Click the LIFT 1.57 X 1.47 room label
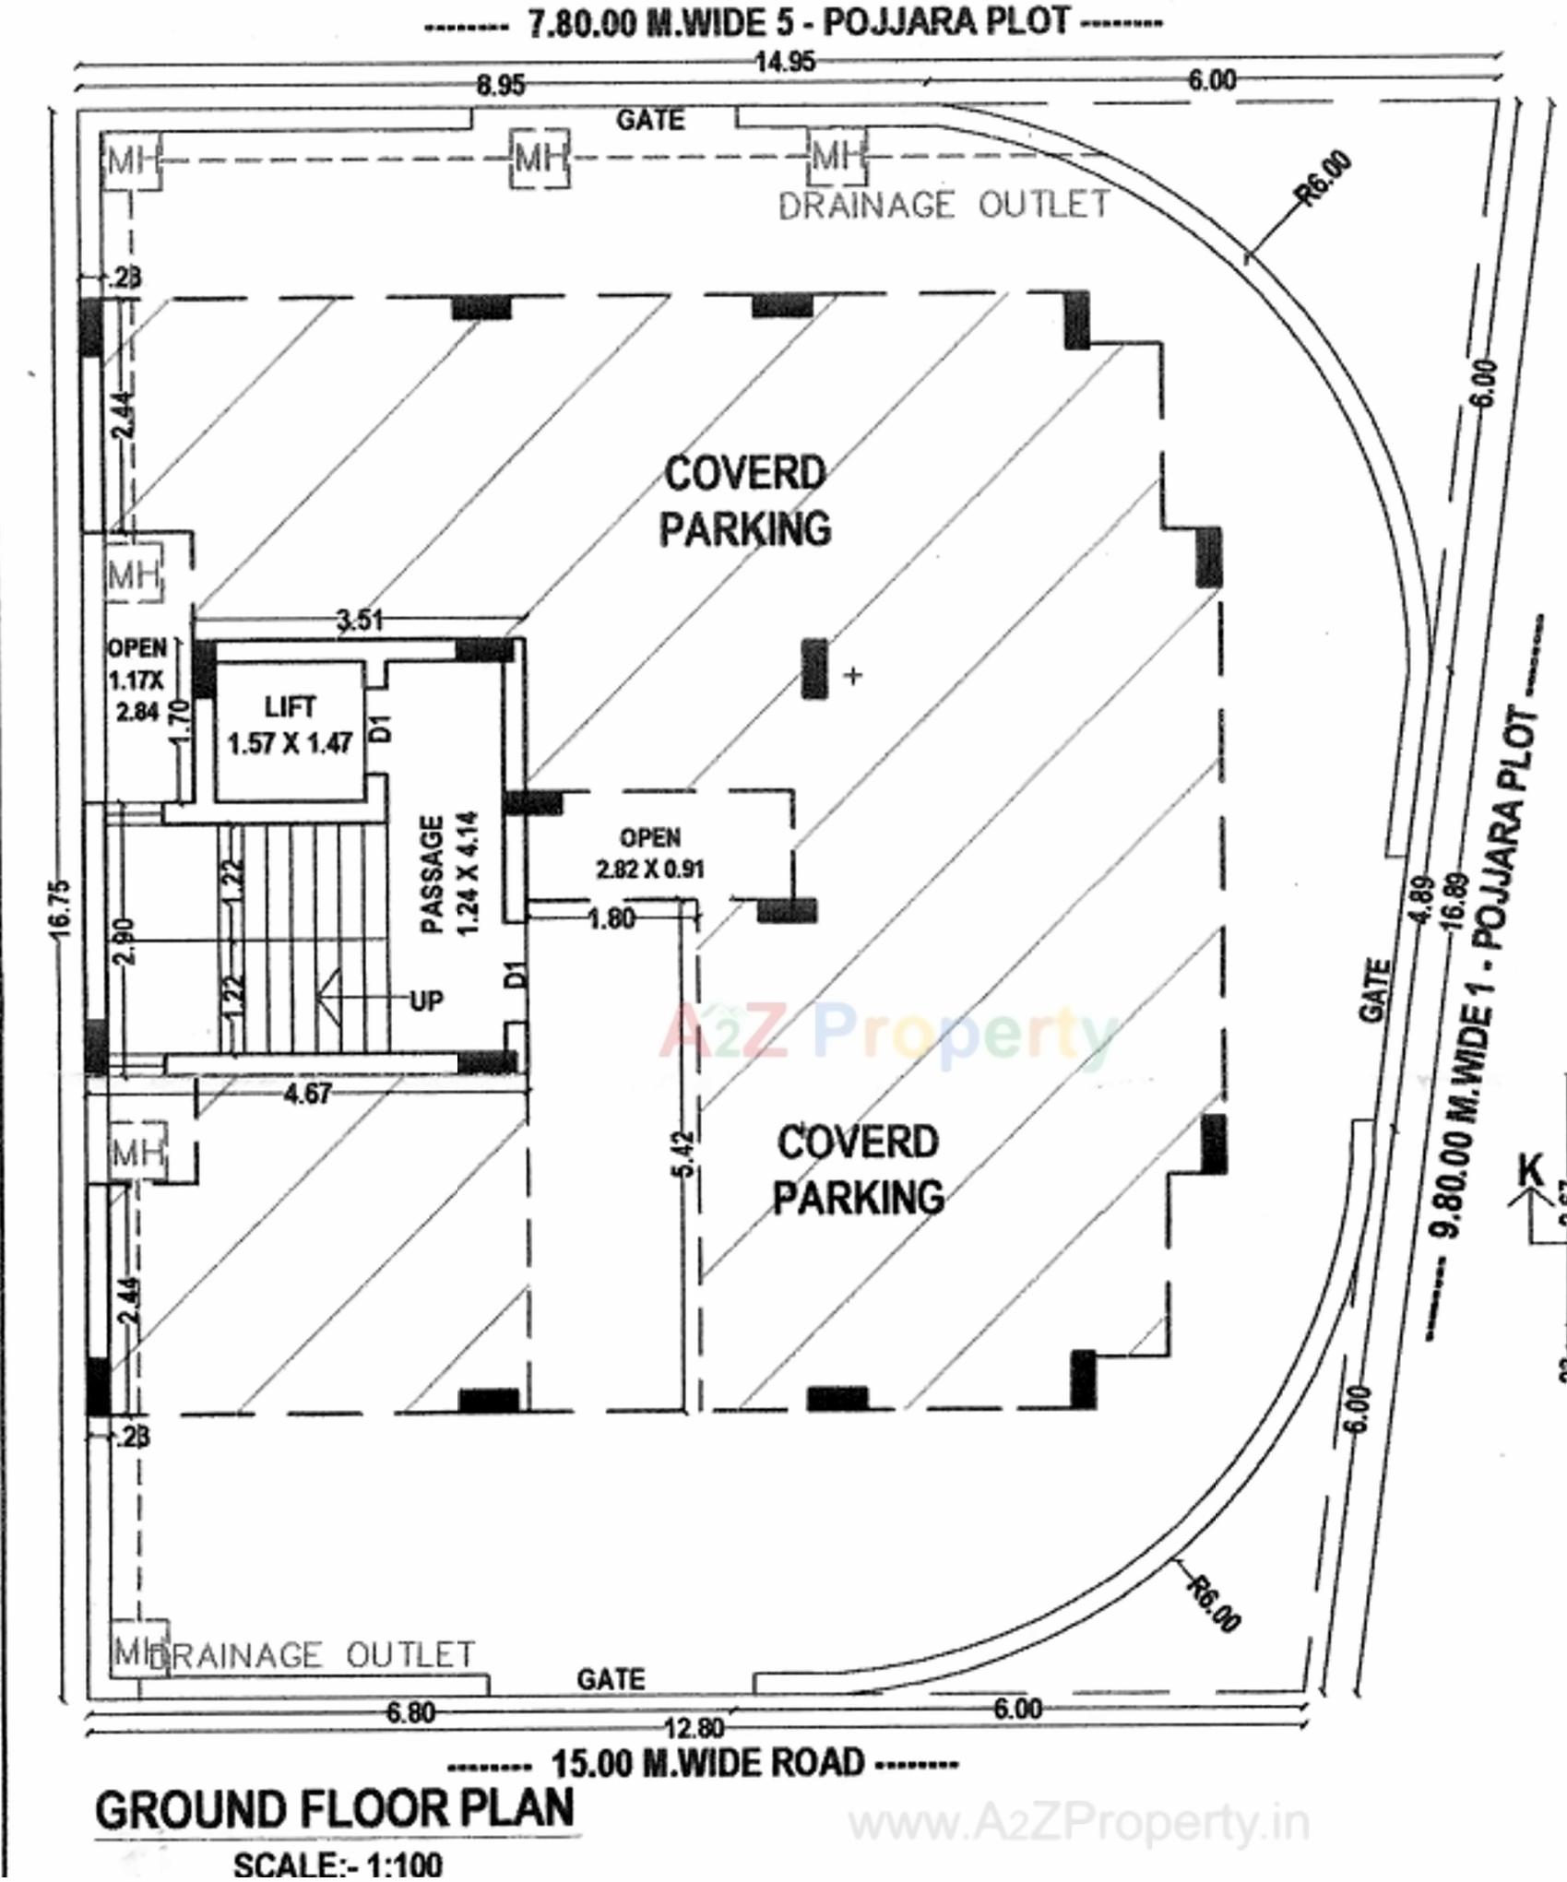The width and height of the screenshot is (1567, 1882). click(x=290, y=726)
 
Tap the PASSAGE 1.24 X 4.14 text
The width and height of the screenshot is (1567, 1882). click(x=450, y=873)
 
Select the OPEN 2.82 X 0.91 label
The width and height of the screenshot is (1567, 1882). click(x=650, y=853)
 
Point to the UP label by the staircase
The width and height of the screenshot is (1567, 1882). click(x=425, y=1000)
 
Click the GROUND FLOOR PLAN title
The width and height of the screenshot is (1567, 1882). click(x=335, y=1809)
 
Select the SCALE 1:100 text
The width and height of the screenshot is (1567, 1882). click(x=338, y=1864)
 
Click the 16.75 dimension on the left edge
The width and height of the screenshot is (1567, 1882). click(x=60, y=908)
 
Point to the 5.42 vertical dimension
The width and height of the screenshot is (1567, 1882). click(x=683, y=1154)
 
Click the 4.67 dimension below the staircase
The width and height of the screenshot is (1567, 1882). click(x=307, y=1094)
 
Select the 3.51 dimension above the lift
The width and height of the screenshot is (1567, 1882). click(x=360, y=620)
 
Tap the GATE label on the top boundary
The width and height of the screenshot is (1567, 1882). click(x=650, y=120)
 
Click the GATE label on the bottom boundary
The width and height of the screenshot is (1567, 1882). click(x=611, y=1679)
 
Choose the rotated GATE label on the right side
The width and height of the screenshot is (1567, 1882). click(x=1374, y=990)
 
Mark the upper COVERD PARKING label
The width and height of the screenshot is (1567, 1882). click(x=744, y=502)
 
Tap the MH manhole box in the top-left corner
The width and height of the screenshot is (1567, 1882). click(x=131, y=161)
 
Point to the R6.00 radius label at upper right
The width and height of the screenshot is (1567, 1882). click(x=1324, y=178)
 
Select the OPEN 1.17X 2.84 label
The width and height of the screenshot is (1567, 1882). click(x=137, y=680)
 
